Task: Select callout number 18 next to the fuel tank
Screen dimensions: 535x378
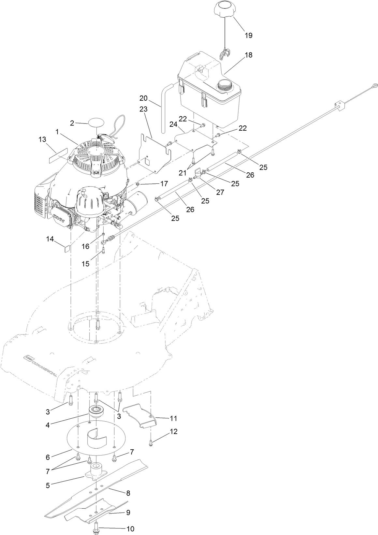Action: pos(248,55)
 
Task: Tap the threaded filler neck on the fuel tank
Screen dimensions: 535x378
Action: pos(225,86)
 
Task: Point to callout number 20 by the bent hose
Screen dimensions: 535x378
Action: pos(143,98)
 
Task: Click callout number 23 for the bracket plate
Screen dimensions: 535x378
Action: pos(143,109)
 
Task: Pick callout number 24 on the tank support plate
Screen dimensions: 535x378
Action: pos(173,124)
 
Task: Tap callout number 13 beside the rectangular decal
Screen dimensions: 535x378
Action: pos(42,140)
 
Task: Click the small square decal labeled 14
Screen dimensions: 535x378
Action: pos(67,249)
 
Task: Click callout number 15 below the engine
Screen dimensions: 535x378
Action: pos(85,264)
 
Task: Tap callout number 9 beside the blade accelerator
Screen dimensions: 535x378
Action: pos(128,513)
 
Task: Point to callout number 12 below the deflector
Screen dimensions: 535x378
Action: pos(174,432)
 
